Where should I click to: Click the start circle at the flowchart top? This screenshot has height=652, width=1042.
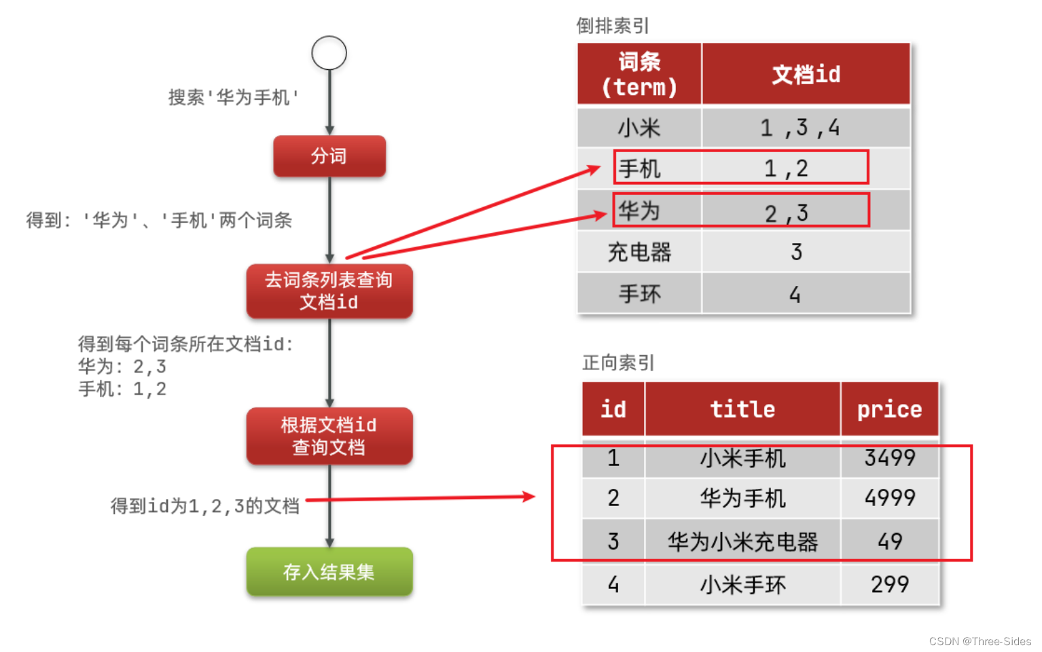(x=329, y=53)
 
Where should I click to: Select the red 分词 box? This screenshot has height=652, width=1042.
(x=329, y=156)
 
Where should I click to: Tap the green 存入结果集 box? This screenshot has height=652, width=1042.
(x=329, y=572)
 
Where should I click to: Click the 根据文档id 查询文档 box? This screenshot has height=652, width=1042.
(x=329, y=436)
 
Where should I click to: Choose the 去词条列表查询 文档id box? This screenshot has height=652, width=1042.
(x=329, y=291)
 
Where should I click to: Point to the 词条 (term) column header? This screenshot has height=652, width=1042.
(x=639, y=74)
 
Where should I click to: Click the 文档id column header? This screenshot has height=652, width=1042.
(x=806, y=74)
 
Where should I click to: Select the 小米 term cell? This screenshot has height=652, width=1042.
(x=639, y=128)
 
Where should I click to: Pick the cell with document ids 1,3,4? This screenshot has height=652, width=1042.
(x=800, y=128)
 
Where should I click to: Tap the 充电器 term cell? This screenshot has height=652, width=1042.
(x=639, y=253)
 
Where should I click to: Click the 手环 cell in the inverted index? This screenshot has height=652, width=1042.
(x=639, y=294)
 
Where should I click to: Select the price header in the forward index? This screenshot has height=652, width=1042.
(x=889, y=409)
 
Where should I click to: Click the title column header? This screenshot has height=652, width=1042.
(x=742, y=409)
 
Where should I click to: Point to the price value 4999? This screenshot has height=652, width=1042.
(x=889, y=498)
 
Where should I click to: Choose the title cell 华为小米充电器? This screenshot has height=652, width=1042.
(x=742, y=541)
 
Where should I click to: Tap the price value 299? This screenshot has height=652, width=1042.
(x=889, y=584)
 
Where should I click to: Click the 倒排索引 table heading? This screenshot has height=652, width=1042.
(x=613, y=26)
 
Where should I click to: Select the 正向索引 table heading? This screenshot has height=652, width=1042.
(x=618, y=363)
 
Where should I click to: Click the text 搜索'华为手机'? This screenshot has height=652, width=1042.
(x=234, y=98)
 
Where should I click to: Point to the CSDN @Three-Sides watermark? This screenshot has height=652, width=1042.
(x=980, y=641)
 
